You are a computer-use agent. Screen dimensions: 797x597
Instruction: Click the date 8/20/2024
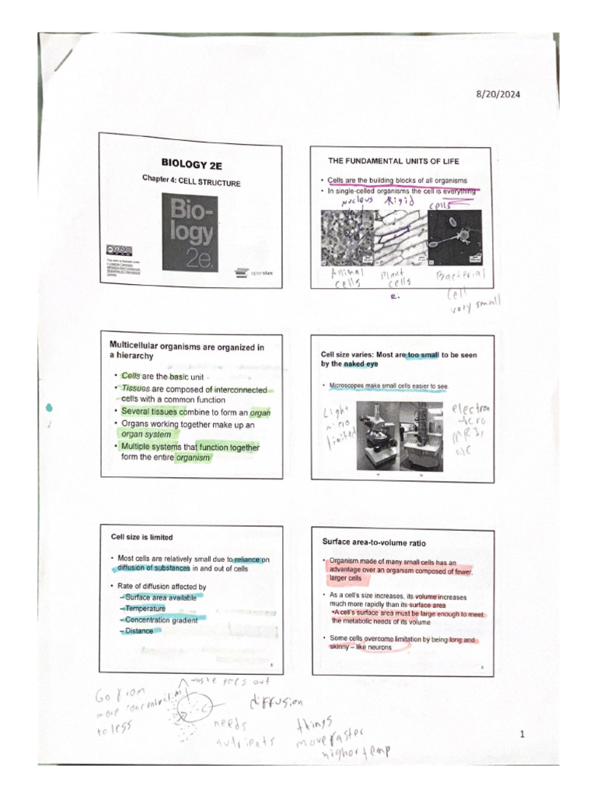point(498,94)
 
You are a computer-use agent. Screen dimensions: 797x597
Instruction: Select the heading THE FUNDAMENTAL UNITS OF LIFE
point(393,161)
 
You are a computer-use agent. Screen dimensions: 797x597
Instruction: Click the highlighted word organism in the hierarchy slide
point(193,458)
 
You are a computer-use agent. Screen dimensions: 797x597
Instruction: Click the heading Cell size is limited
point(141,537)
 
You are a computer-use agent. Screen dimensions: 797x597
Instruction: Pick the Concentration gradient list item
point(161,620)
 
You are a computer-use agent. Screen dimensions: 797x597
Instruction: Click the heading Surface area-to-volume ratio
point(374,542)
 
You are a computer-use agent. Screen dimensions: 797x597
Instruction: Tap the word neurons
point(379,648)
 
